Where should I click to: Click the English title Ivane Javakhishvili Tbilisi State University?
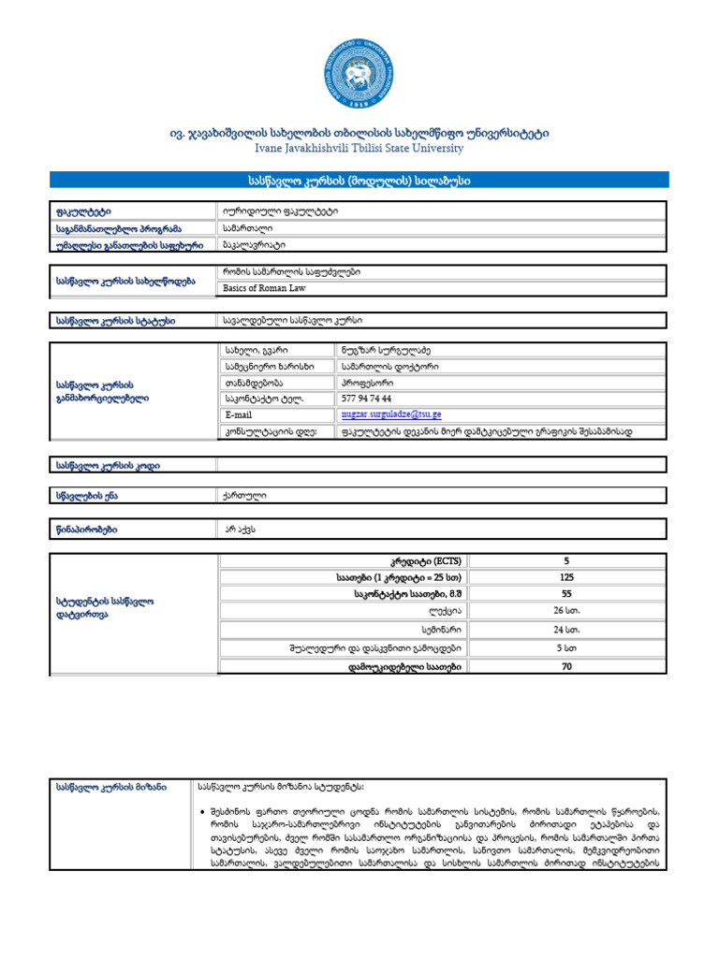click(x=359, y=148)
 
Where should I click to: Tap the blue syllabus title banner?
click(x=359, y=179)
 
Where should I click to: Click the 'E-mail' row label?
click(x=239, y=414)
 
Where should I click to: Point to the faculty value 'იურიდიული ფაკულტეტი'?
click(x=281, y=211)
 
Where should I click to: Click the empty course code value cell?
click(x=441, y=464)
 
